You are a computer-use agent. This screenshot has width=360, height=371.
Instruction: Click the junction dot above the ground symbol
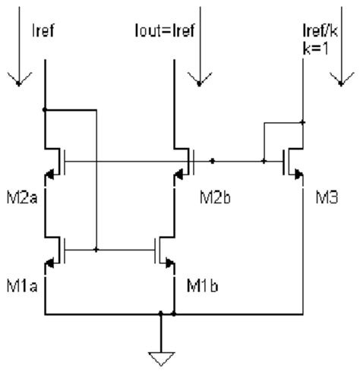pos(160,313)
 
